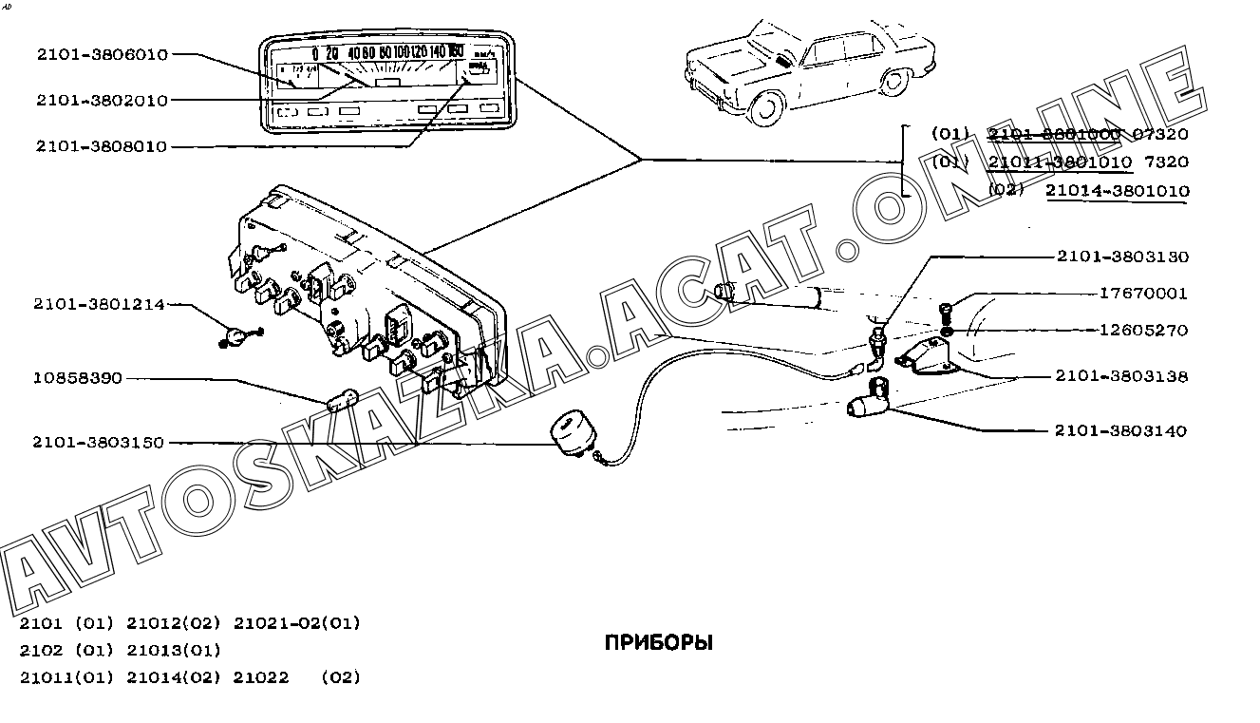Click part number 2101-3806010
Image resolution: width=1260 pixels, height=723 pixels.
tap(102, 55)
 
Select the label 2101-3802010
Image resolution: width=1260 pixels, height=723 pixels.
tap(102, 100)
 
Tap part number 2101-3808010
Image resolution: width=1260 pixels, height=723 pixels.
tap(102, 146)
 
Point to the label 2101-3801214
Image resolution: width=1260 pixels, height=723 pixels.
tap(99, 305)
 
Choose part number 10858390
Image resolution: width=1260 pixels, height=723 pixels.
tap(77, 378)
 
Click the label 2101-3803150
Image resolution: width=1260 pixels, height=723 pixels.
tap(99, 443)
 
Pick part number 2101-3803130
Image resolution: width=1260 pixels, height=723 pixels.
tap(1121, 257)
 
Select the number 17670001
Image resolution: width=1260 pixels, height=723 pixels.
tap(1143, 294)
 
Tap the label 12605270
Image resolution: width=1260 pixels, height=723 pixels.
tap(1143, 331)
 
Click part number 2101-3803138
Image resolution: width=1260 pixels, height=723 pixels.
tap(1121, 376)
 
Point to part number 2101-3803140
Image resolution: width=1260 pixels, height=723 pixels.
tap(1121, 430)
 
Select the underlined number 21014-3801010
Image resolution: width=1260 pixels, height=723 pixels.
tap(1118, 191)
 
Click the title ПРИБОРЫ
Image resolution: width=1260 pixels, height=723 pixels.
tap(658, 643)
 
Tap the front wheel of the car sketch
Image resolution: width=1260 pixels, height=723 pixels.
tap(767, 109)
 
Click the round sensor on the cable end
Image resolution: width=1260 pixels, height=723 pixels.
tap(574, 437)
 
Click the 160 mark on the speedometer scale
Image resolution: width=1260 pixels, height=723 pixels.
tap(456, 52)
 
